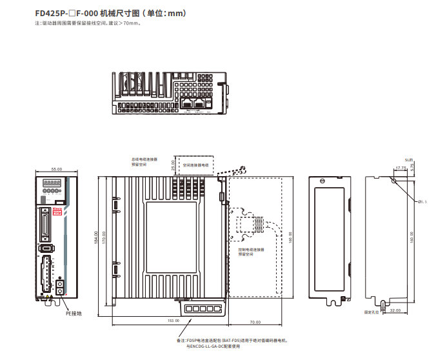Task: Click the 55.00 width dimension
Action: tap(57, 169)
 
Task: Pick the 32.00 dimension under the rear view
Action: tap(395, 310)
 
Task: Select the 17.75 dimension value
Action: tap(400, 168)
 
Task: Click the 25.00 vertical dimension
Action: tap(172, 165)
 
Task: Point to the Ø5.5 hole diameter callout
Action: tap(423, 201)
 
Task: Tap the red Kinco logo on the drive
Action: tap(57, 210)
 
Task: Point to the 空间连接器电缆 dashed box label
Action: tap(197, 165)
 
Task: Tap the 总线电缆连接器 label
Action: tap(144, 158)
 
